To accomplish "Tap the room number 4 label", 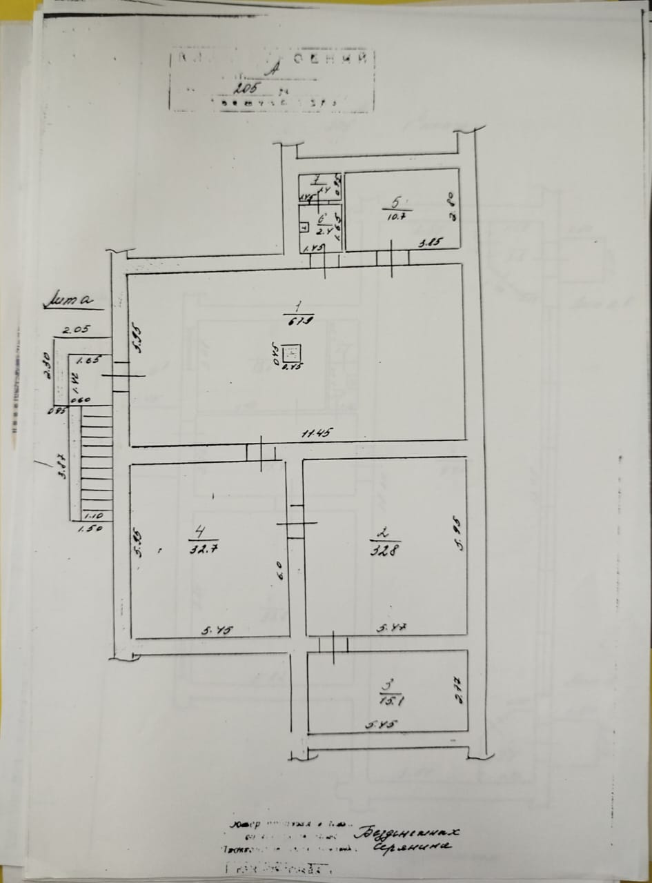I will click(199, 532).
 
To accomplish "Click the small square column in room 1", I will click(292, 353).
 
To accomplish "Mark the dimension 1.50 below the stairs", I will click(86, 529).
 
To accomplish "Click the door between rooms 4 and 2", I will click(296, 523).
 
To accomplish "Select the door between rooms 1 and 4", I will click(261, 453).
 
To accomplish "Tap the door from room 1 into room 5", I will click(393, 258).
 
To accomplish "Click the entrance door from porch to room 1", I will click(121, 376).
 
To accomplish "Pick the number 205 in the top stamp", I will click(245, 88).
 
